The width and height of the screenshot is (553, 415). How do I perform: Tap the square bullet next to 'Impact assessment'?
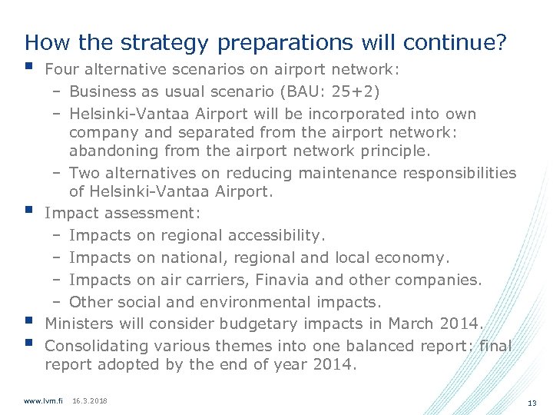(x=29, y=209)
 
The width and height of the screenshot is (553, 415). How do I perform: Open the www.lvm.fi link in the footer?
(x=44, y=401)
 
